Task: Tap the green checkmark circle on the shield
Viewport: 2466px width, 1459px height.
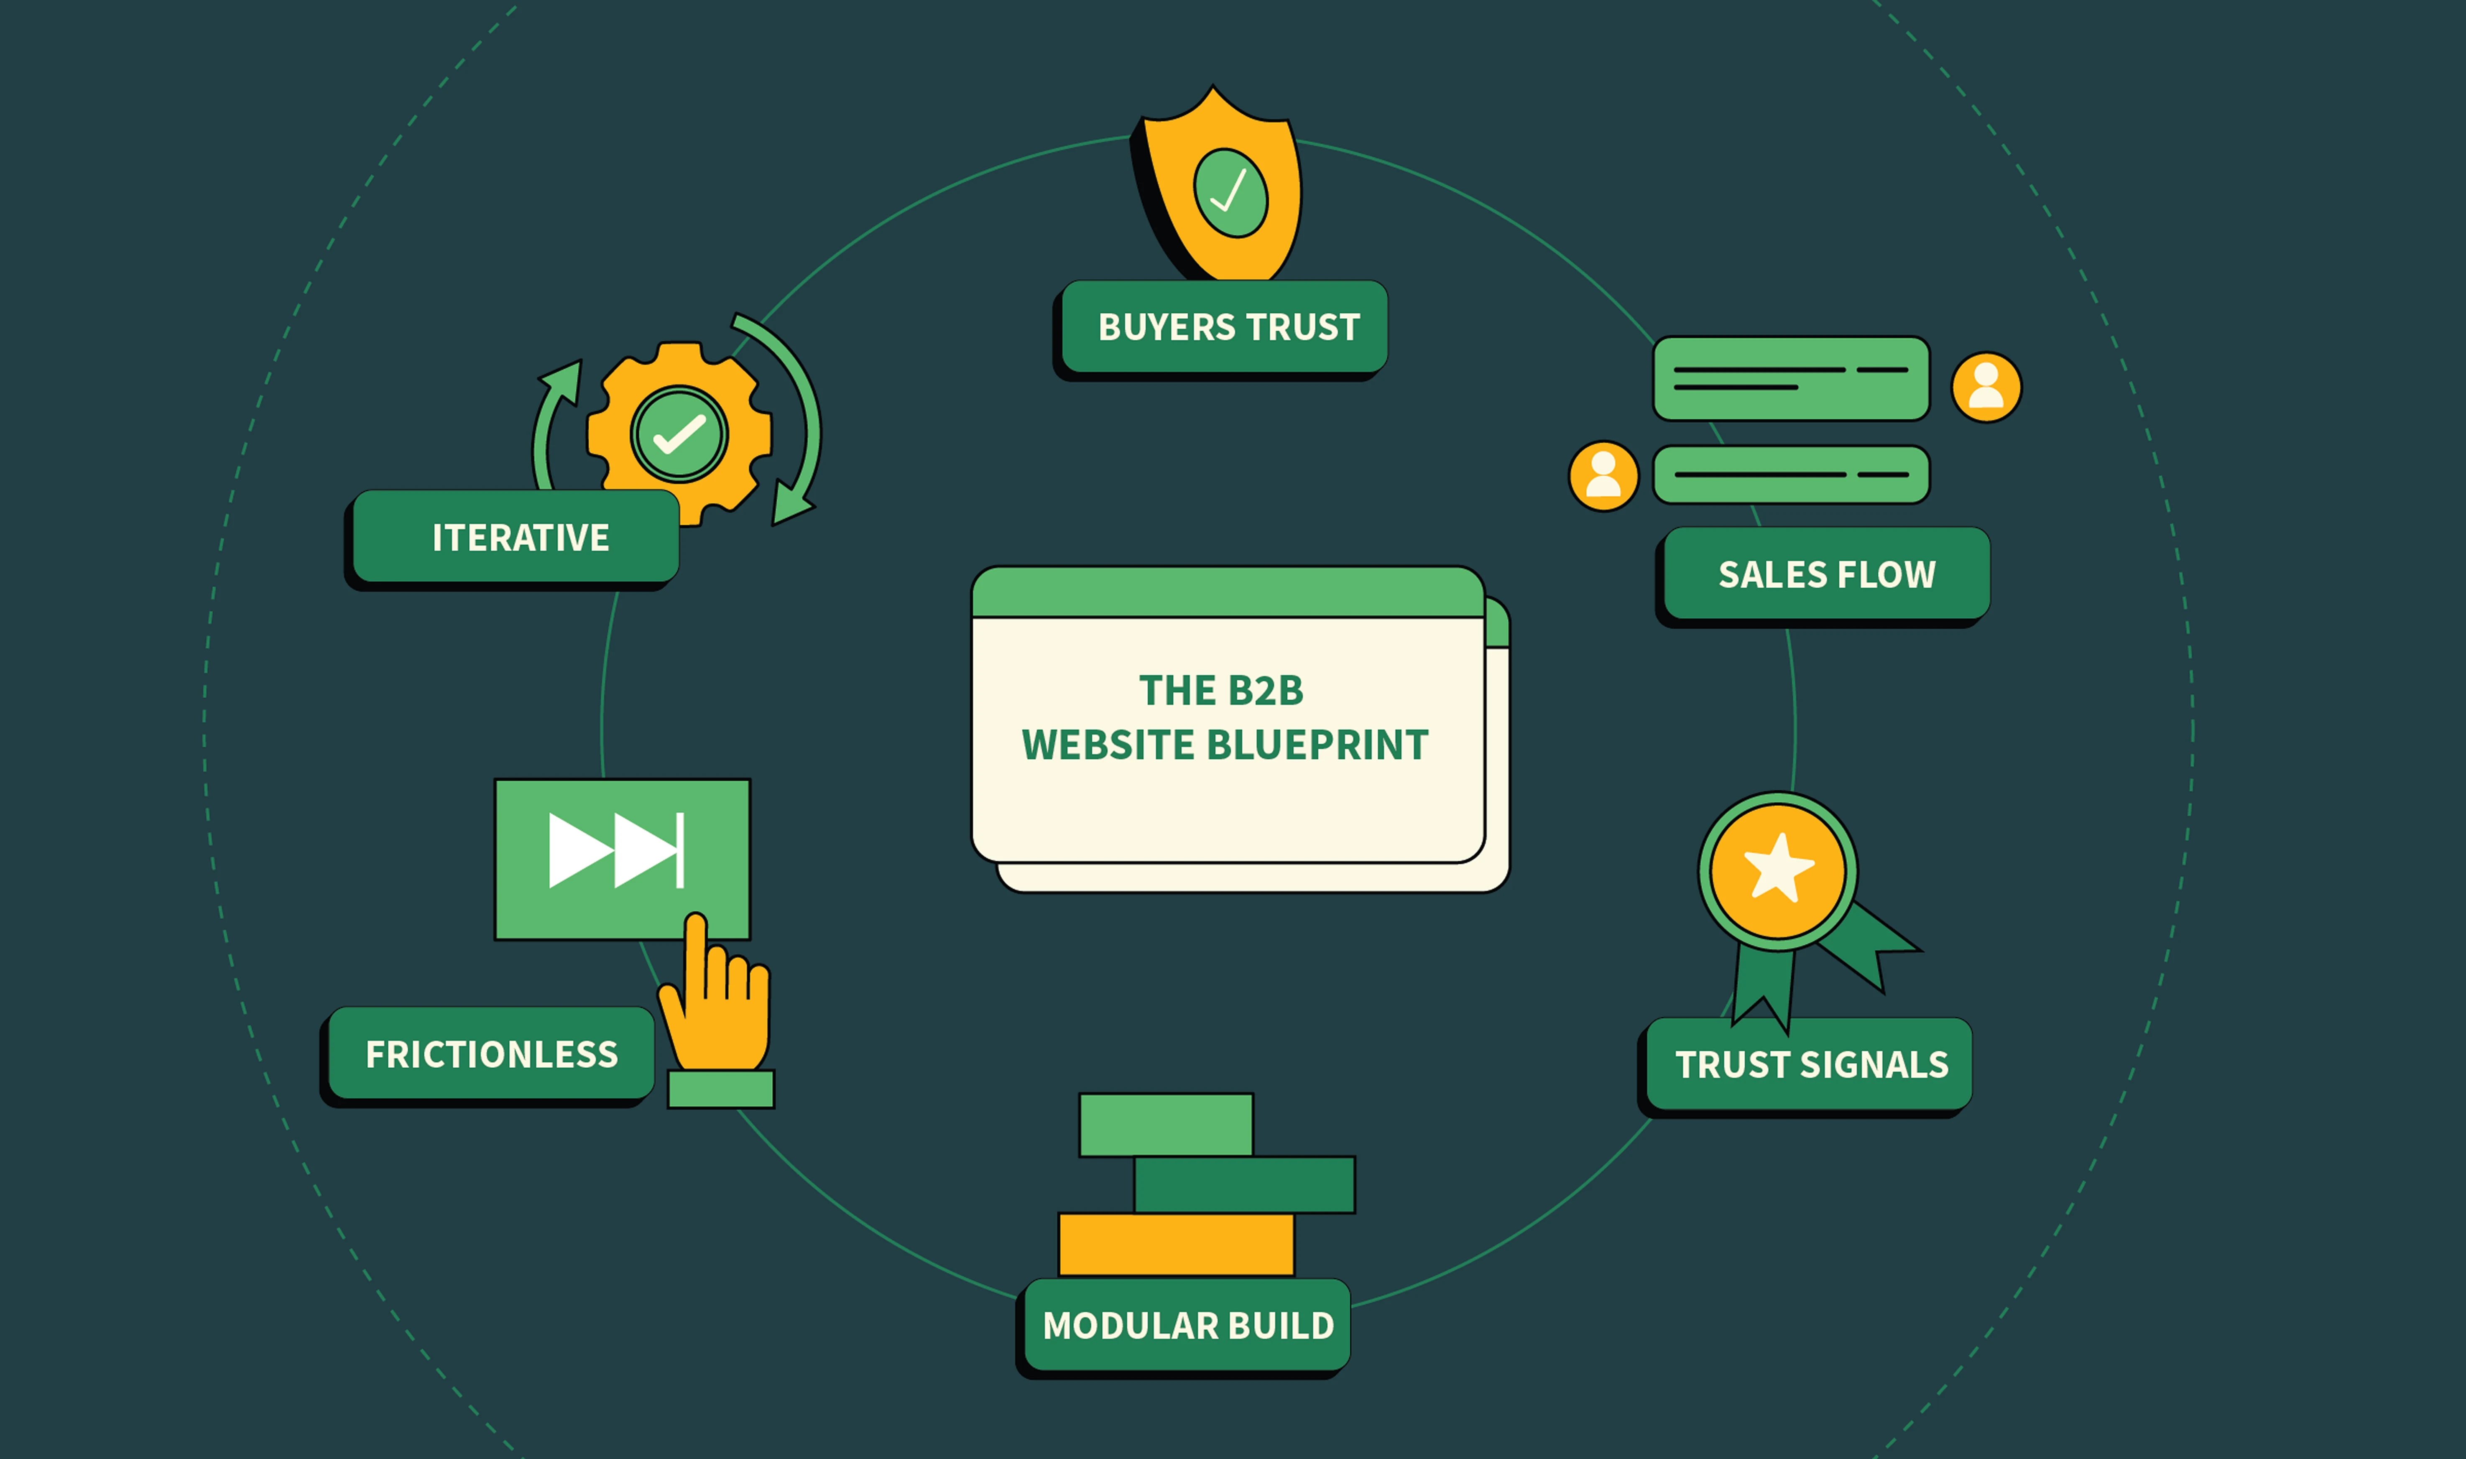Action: [1230, 193]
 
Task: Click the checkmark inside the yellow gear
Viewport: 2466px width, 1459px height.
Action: [679, 434]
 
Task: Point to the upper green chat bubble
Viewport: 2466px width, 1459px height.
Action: [1790, 378]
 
